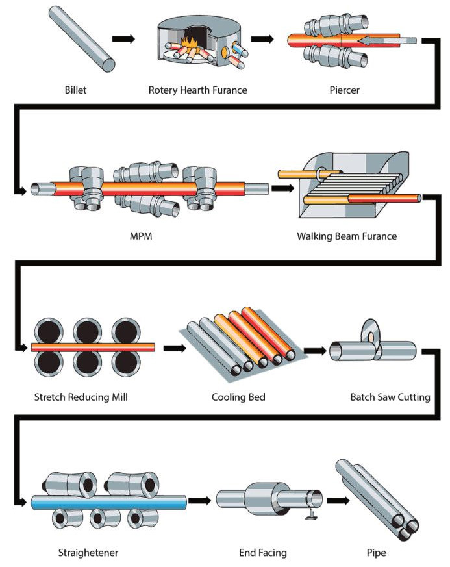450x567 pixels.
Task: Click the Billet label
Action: [x=75, y=90]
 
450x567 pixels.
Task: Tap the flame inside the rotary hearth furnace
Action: [x=189, y=44]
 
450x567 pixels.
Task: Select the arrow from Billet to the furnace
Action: [x=123, y=39]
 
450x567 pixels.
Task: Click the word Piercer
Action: [x=344, y=90]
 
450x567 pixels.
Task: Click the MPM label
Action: [x=141, y=236]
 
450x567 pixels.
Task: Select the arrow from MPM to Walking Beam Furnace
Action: [x=283, y=188]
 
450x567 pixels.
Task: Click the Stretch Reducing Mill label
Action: [x=81, y=397]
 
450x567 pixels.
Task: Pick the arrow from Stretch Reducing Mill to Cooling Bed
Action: [x=175, y=348]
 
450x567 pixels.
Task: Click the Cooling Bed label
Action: [x=238, y=397]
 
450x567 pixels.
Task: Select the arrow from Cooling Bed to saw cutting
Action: [x=315, y=351]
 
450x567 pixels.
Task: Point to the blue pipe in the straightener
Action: [x=109, y=502]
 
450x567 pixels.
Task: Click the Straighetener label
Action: [x=88, y=553]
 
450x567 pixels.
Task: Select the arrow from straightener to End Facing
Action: [x=199, y=501]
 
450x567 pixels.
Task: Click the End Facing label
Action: [x=263, y=553]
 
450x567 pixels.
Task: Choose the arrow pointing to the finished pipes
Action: [x=338, y=501]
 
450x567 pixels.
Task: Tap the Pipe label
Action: [x=376, y=553]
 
